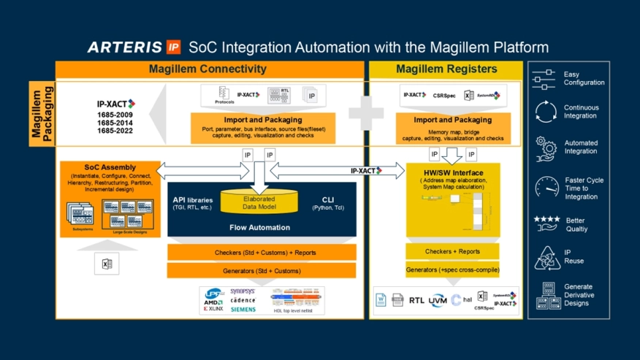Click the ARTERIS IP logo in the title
coord(134,47)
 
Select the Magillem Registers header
coord(446,69)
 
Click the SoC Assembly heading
coord(100,168)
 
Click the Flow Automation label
coord(259,227)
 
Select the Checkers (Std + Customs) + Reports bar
coord(262,252)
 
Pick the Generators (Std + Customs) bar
coord(262,271)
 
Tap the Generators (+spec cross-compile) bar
coord(452,269)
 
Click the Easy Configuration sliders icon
coord(544,79)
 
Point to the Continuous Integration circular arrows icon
coord(545,112)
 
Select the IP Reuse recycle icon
coord(545,257)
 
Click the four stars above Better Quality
coord(546,218)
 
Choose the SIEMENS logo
coord(243,309)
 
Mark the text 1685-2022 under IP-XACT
coord(115,131)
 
